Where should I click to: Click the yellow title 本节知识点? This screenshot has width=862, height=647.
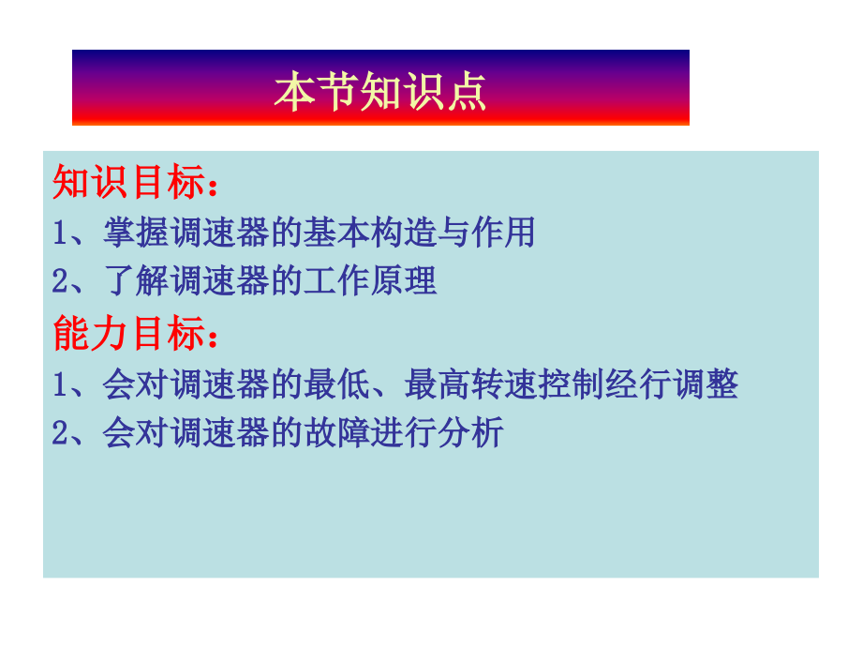pos(380,92)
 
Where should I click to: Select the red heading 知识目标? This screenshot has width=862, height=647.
pos(129,182)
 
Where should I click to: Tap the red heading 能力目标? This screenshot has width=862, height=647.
pos(129,333)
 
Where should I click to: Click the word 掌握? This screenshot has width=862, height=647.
pos(136,233)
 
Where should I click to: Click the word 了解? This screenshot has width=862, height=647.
pos(136,280)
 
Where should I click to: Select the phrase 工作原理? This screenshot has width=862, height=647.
pos(370,280)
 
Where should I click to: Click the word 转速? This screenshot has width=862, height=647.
pos(504,384)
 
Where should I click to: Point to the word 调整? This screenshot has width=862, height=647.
pos(706,384)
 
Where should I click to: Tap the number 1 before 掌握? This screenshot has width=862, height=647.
pos(60,233)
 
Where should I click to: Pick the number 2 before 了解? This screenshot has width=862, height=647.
pos(60,281)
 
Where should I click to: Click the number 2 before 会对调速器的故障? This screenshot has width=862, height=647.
pos(60,433)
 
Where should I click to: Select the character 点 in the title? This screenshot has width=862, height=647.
pos(467,92)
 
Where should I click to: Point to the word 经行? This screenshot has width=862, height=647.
pos(638,384)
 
